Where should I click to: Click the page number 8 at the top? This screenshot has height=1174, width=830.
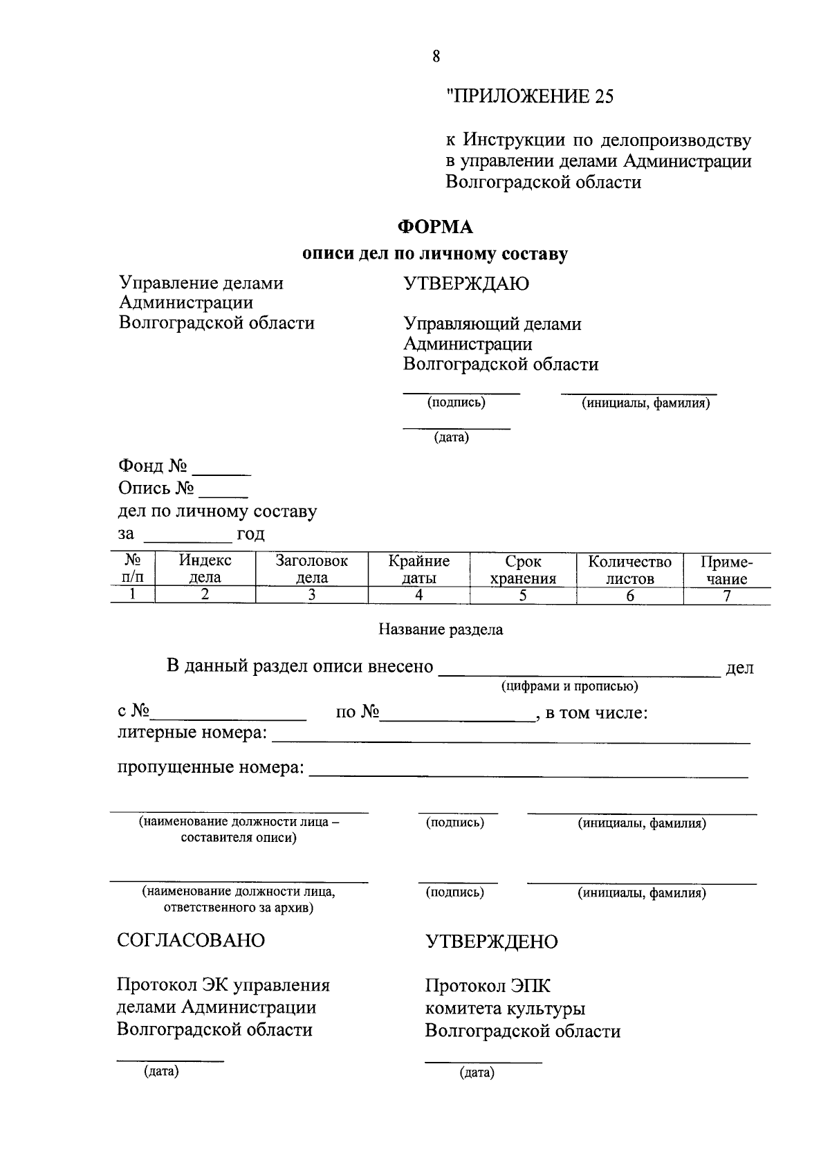pyautogui.click(x=436, y=57)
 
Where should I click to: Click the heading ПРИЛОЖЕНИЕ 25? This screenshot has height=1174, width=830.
pyautogui.click(x=530, y=96)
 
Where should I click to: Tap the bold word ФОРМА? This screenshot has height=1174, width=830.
pyautogui.click(x=435, y=227)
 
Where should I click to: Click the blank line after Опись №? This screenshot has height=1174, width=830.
pyautogui.click(x=223, y=495)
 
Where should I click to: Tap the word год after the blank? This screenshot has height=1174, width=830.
pyautogui.click(x=250, y=534)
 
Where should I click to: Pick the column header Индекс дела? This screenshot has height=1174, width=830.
pyautogui.click(x=205, y=569)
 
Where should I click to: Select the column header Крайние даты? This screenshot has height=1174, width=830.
pyautogui.click(x=418, y=569)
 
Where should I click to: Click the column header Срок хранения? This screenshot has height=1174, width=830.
pyautogui.click(x=523, y=569)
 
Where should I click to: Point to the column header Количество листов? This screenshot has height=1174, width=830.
pyautogui.click(x=629, y=569)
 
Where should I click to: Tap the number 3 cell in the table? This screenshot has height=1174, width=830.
pyautogui.click(x=311, y=595)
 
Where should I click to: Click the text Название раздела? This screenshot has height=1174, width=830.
pyautogui.click(x=441, y=630)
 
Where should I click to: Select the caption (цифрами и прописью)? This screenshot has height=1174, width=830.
pyautogui.click(x=569, y=686)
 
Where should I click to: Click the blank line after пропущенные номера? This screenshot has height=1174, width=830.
pyautogui.click(x=528, y=774)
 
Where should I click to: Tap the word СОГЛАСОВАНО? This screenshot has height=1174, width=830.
pyautogui.click(x=191, y=941)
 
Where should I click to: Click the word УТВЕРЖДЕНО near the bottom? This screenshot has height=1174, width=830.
pyautogui.click(x=491, y=942)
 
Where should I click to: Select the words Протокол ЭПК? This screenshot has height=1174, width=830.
pyautogui.click(x=488, y=986)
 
